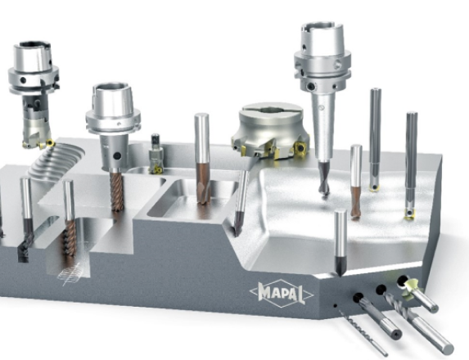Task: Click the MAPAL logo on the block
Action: point(282,294)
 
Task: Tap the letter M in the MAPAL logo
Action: point(264,291)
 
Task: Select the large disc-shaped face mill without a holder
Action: point(271,130)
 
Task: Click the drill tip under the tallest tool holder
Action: point(324,179)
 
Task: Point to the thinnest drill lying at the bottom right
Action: point(363,332)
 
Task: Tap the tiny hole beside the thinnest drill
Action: point(336,305)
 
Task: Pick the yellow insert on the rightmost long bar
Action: point(409,214)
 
